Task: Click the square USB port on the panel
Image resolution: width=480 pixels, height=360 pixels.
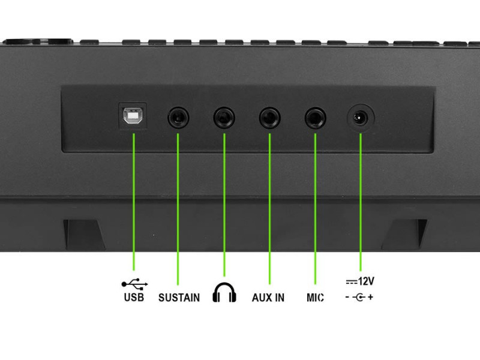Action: pyautogui.click(x=133, y=116)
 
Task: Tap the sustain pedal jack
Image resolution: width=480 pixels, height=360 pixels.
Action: pyautogui.click(x=178, y=118)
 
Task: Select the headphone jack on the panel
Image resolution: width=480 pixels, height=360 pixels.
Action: pyautogui.click(x=224, y=118)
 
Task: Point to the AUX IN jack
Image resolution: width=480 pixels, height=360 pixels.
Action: pyautogui.click(x=269, y=118)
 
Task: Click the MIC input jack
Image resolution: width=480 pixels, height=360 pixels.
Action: pyautogui.click(x=316, y=118)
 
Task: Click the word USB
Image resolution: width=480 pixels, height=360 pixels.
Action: pyautogui.click(x=134, y=297)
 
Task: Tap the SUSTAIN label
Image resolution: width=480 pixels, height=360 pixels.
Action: pyautogui.click(x=179, y=298)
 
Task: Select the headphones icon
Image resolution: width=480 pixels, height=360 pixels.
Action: pyautogui.click(x=224, y=293)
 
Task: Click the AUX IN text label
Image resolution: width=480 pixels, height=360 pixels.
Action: pyautogui.click(x=268, y=298)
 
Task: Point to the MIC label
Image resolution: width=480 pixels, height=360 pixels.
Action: pyautogui.click(x=316, y=298)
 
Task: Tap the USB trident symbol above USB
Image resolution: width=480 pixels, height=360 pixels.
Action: pyautogui.click(x=134, y=284)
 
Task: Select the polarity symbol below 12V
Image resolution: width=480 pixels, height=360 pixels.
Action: pyautogui.click(x=359, y=297)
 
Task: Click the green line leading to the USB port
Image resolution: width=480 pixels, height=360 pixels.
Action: pyautogui.click(x=134, y=202)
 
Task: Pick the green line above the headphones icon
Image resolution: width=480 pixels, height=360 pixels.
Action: pyautogui.click(x=224, y=205)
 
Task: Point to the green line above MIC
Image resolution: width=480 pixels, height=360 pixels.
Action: pyautogui.click(x=316, y=209)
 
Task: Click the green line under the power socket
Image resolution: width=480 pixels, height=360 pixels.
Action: pyautogui.click(x=361, y=202)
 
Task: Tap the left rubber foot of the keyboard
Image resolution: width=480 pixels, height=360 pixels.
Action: pyautogui.click(x=83, y=235)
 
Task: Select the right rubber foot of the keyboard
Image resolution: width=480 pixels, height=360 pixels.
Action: pyautogui.click(x=404, y=235)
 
